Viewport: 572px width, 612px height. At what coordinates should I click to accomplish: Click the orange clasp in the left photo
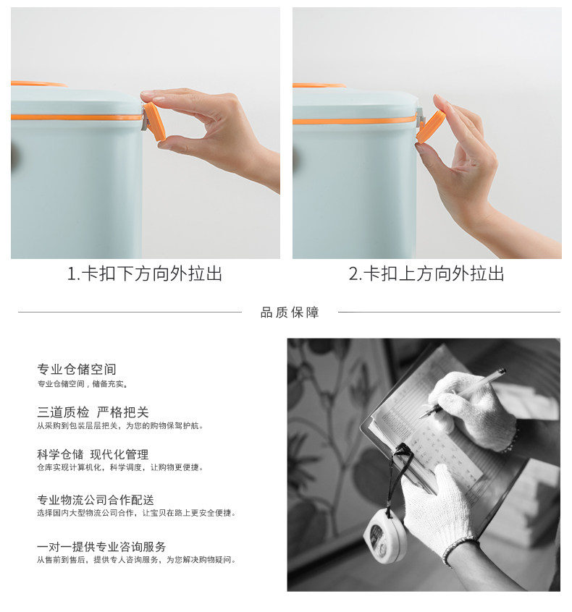click(155, 121)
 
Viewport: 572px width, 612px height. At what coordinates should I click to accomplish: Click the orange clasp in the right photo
click(431, 126)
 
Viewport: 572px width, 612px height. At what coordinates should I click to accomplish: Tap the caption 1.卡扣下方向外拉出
click(145, 273)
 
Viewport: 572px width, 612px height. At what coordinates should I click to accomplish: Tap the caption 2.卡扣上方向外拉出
click(426, 273)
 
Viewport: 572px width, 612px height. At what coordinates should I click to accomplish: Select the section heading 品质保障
click(290, 313)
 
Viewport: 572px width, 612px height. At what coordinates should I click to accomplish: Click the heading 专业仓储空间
click(77, 369)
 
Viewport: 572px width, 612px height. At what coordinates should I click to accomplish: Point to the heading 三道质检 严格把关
click(93, 412)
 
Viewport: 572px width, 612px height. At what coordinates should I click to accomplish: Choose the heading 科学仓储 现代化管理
click(93, 454)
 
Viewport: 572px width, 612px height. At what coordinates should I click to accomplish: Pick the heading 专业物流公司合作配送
click(96, 500)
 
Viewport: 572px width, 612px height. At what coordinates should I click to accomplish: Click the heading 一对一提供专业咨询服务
click(101, 546)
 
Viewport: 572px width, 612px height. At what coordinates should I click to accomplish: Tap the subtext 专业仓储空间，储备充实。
click(83, 384)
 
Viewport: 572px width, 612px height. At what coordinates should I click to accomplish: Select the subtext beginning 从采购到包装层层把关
click(120, 426)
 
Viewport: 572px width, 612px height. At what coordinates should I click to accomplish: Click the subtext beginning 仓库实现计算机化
click(120, 467)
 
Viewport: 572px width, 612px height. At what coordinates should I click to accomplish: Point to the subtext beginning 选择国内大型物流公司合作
click(137, 513)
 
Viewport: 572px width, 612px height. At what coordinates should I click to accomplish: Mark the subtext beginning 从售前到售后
click(137, 560)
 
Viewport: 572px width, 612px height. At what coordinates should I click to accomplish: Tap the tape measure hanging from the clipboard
click(386, 535)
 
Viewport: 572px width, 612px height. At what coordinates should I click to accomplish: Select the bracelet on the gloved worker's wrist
click(460, 550)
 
